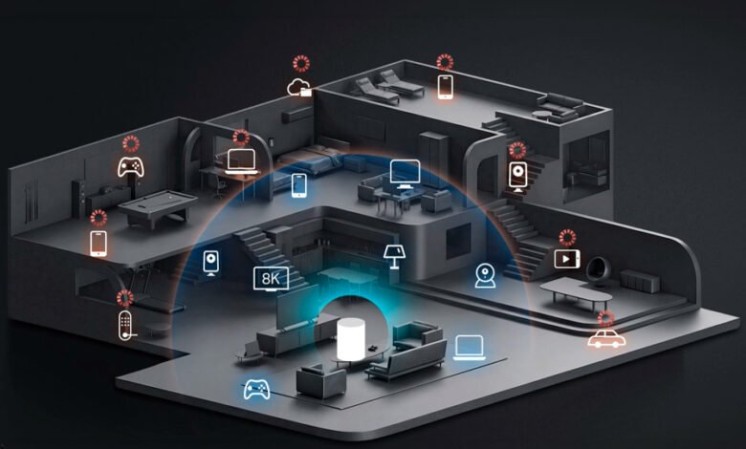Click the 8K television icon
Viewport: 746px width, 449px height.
coord(271,279)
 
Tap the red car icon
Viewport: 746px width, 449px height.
coord(606,338)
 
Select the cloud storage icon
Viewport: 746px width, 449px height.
coord(299,88)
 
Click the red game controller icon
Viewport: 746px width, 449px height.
coord(131,167)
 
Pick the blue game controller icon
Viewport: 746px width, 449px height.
coord(256,389)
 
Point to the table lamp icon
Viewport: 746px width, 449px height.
coord(394,257)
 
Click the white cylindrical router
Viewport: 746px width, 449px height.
coord(351,339)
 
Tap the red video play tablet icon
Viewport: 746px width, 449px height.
coord(567,259)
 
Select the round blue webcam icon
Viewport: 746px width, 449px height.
coord(485,276)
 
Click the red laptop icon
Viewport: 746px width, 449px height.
coord(242,161)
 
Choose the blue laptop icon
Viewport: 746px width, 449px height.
coord(469,348)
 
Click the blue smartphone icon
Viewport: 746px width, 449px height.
coord(298,185)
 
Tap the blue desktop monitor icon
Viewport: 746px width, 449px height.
coord(405,174)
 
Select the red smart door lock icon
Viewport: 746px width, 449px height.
coord(125,326)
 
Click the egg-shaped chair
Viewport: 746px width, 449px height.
coord(597,269)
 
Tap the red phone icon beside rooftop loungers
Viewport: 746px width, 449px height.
coord(446,87)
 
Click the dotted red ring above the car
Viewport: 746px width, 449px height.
coord(605,319)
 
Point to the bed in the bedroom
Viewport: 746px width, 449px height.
coord(309,160)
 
